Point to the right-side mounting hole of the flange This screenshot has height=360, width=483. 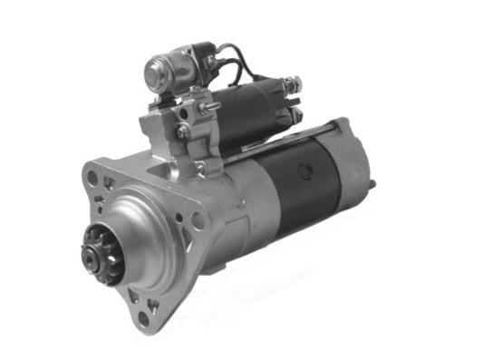(197, 219)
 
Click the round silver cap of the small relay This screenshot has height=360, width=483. (159, 69)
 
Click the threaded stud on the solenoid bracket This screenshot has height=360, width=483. (211, 108)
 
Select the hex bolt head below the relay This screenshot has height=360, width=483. (183, 131)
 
